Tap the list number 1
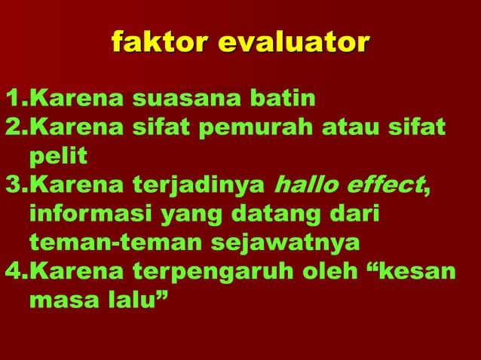(x=13, y=98)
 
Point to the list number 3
(x=13, y=185)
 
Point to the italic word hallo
(x=308, y=185)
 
